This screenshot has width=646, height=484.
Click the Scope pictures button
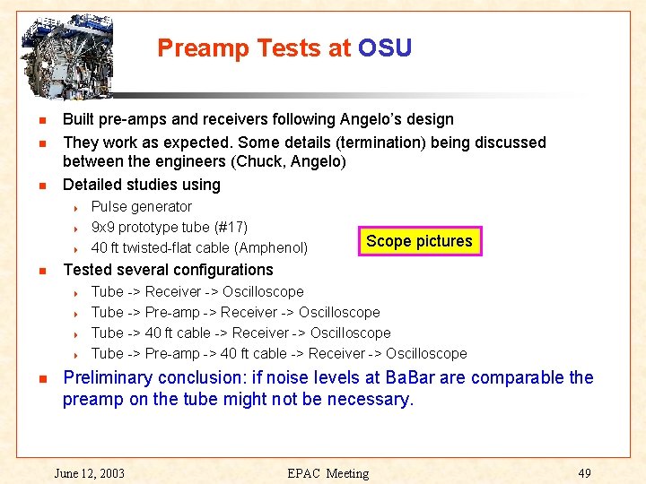coord(419,241)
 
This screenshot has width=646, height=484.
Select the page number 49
coord(584,472)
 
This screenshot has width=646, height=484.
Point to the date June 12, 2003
coord(89,472)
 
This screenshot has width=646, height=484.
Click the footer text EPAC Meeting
coord(328,472)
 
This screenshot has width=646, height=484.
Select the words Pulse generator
coord(142,206)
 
